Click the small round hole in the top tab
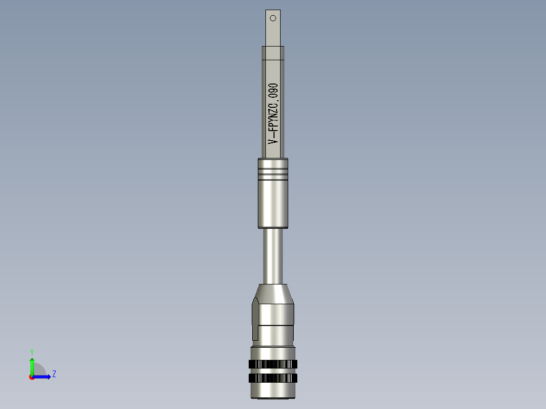[x=273, y=18]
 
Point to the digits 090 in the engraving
[x=274, y=92]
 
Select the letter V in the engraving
[x=274, y=139]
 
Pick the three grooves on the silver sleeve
[x=273, y=173]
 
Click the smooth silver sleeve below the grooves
[x=273, y=202]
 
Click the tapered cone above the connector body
[x=274, y=293]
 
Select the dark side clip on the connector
[x=255, y=319]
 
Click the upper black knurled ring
[x=273, y=364]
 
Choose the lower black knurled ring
[x=273, y=378]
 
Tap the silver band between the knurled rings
[x=273, y=371]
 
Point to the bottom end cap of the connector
[x=273, y=391]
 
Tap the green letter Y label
[x=32, y=352]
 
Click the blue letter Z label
[x=54, y=374]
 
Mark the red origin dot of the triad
[x=31, y=377]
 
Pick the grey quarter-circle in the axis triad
[x=39, y=371]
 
